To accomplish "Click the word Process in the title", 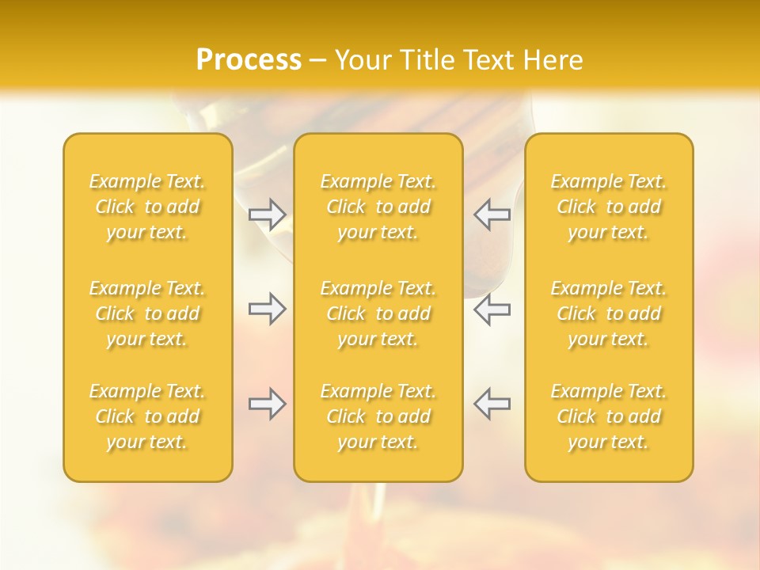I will [x=249, y=60].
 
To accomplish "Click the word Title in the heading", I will [x=424, y=60].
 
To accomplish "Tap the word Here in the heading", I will [x=553, y=60].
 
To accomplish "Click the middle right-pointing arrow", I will [x=268, y=309].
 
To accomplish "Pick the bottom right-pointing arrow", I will [x=268, y=405].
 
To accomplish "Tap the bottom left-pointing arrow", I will [x=492, y=405].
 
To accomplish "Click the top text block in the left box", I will [x=147, y=207].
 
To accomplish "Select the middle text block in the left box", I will [x=147, y=313].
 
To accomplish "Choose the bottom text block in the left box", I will [x=147, y=416].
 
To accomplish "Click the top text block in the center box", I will [x=378, y=207].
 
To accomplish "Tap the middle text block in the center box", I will [x=378, y=313].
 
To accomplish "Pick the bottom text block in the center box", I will [x=378, y=416].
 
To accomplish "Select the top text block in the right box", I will [x=609, y=207].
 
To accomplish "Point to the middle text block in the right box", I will [x=609, y=313].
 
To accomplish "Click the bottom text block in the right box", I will [x=609, y=416].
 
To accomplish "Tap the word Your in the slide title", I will [x=362, y=60].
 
